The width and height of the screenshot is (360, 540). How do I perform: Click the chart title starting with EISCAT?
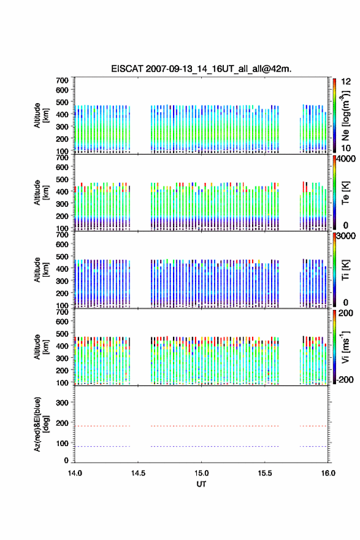pyautogui.click(x=201, y=69)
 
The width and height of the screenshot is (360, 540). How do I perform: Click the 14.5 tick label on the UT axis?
pyautogui.click(x=138, y=473)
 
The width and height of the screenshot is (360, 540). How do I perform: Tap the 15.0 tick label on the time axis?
pyautogui.click(x=201, y=473)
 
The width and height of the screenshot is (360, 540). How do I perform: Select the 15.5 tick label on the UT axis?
pyautogui.click(x=265, y=473)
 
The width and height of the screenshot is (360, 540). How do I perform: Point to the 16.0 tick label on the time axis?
pyautogui.click(x=328, y=473)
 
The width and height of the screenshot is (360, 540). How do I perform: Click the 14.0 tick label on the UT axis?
pyautogui.click(x=75, y=473)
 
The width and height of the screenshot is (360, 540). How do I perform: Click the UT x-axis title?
pyautogui.click(x=201, y=484)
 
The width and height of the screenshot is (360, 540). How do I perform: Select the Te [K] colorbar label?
pyautogui.click(x=345, y=193)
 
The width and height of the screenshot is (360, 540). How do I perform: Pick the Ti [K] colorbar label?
pyautogui.click(x=345, y=269)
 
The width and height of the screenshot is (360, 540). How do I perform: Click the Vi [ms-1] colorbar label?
pyautogui.click(x=345, y=347)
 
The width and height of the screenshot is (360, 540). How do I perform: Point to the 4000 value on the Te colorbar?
pyautogui.click(x=345, y=160)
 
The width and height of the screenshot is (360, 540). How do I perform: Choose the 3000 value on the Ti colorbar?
pyautogui.click(x=345, y=236)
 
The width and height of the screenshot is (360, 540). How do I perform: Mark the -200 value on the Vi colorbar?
pyautogui.click(x=345, y=379)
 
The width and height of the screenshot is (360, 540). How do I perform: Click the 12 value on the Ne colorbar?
pyautogui.click(x=346, y=82)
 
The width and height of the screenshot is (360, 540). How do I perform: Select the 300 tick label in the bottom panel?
pyautogui.click(x=62, y=403)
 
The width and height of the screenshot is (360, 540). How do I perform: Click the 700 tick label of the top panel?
pyautogui.click(x=62, y=80)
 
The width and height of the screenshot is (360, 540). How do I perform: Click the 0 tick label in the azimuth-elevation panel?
pyautogui.click(x=66, y=460)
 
